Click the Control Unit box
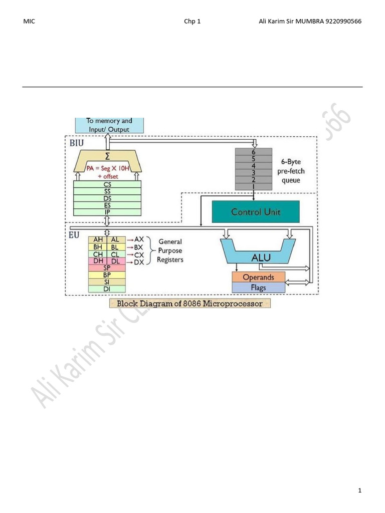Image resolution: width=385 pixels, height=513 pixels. (x=256, y=212)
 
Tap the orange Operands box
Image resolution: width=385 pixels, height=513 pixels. (x=258, y=277)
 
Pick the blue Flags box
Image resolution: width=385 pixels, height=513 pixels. (x=258, y=288)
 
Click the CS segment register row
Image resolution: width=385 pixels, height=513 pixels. (x=107, y=184)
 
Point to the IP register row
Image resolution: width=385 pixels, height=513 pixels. (x=107, y=212)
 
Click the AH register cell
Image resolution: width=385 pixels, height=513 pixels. (x=97, y=240)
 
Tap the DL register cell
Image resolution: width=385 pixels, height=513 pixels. (x=115, y=261)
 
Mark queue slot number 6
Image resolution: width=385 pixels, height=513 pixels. (x=254, y=151)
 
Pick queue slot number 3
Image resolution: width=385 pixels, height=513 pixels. (x=254, y=172)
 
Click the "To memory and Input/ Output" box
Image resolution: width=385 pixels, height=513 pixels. (x=109, y=125)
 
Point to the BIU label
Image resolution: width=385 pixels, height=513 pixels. (x=77, y=143)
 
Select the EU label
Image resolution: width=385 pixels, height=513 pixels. (x=74, y=234)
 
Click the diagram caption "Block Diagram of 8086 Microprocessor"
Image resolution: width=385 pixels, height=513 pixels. (x=189, y=304)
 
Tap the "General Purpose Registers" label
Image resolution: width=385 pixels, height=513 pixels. (x=170, y=250)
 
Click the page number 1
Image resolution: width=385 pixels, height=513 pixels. (x=359, y=490)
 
